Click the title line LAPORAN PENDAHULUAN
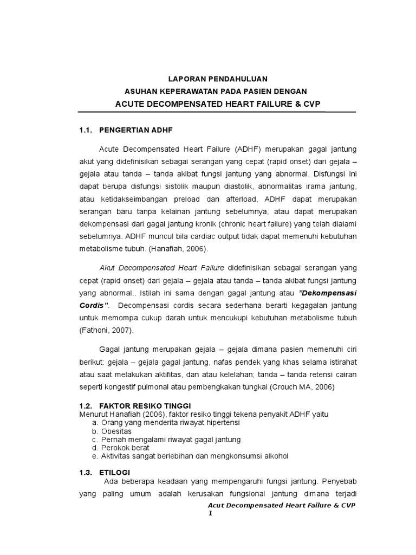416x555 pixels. point(217,79)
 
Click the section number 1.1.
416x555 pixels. point(86,130)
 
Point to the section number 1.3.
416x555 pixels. point(86,473)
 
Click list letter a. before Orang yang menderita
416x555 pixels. point(95,422)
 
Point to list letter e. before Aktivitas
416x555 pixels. point(95,456)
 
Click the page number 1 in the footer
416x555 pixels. point(210,513)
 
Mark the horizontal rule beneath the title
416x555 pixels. point(217,112)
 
